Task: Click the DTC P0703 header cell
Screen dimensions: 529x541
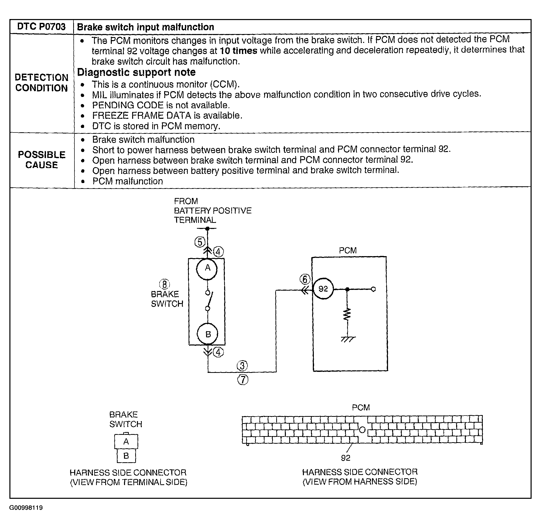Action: [41, 27]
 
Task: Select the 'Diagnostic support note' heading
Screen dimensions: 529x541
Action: [136, 72]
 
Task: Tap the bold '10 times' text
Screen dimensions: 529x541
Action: [238, 51]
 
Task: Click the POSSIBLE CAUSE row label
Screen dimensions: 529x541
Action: [42, 160]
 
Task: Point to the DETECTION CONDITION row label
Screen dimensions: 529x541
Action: [42, 82]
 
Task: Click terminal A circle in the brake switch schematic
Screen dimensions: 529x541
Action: [207, 269]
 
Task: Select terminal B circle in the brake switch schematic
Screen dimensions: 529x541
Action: [208, 334]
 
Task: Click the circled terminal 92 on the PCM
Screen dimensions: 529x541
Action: [323, 289]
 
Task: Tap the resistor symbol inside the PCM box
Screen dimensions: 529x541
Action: [347, 315]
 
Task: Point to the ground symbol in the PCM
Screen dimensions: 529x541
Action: [348, 339]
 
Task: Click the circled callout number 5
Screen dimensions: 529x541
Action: [200, 242]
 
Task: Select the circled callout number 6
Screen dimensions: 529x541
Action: [305, 279]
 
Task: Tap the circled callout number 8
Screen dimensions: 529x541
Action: [164, 284]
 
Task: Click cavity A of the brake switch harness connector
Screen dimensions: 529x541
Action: [126, 441]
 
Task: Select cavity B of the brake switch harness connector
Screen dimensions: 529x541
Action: [126, 456]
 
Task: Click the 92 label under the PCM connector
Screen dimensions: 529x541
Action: [345, 458]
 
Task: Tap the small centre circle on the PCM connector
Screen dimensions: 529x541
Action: [362, 430]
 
